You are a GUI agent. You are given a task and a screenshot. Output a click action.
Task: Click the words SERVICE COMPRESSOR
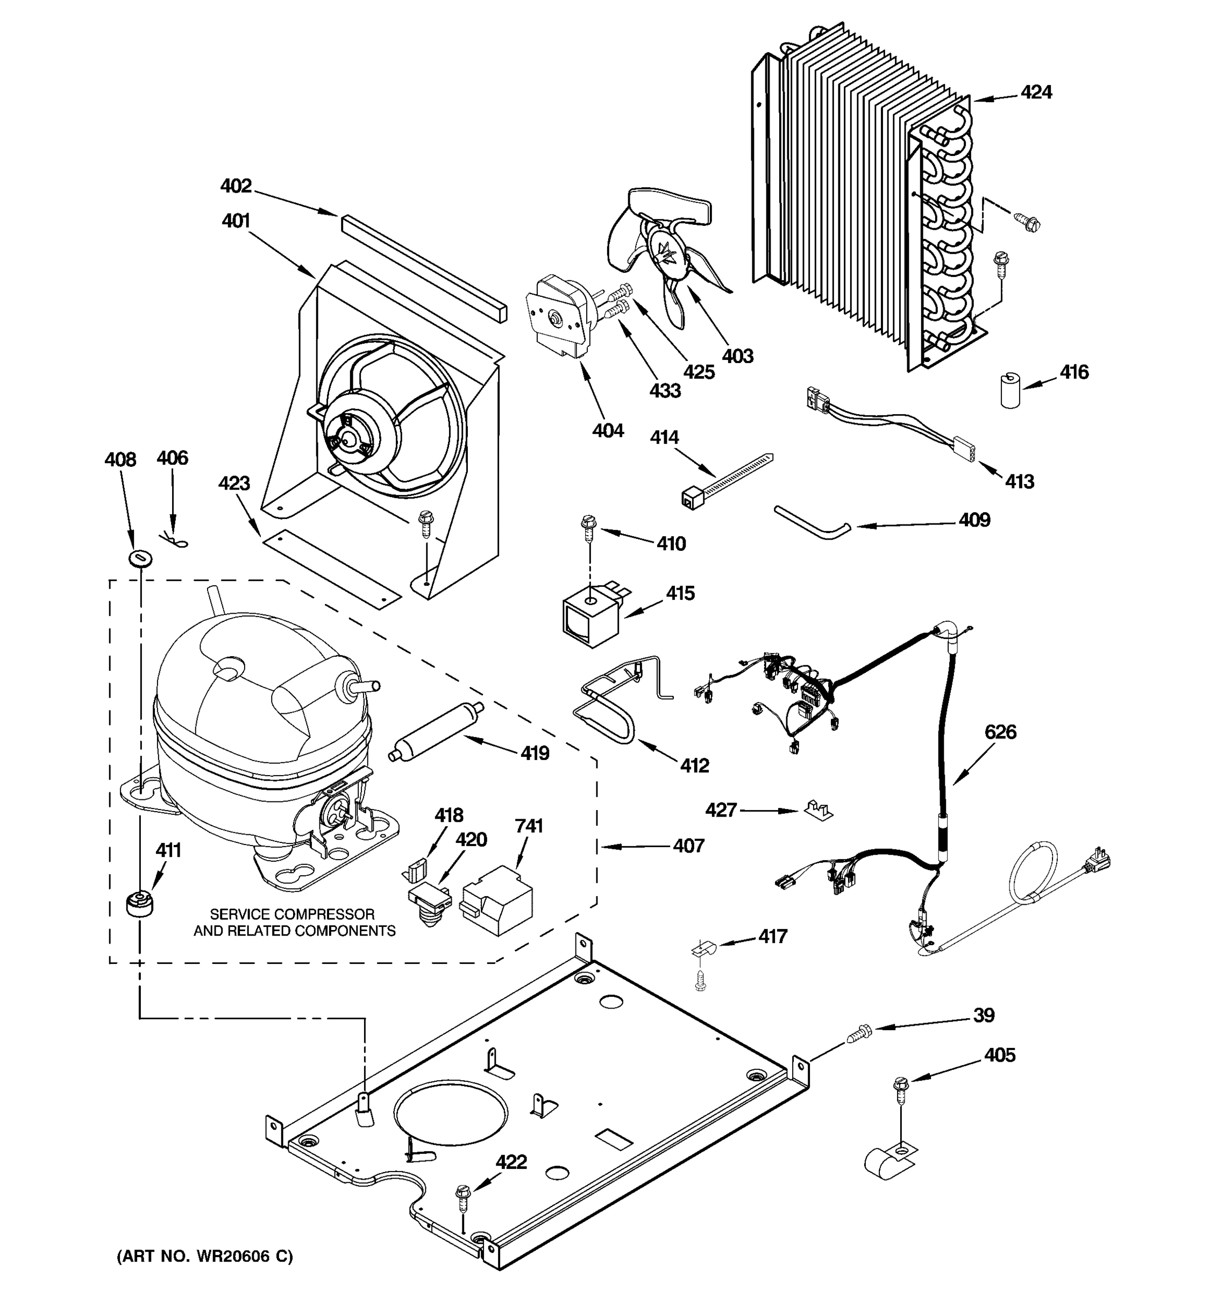tap(292, 914)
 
